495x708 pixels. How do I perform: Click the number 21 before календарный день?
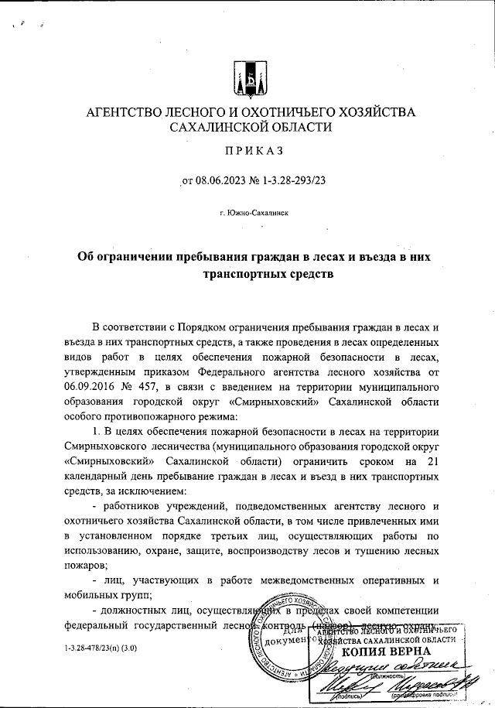pyautogui.click(x=435, y=462)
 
